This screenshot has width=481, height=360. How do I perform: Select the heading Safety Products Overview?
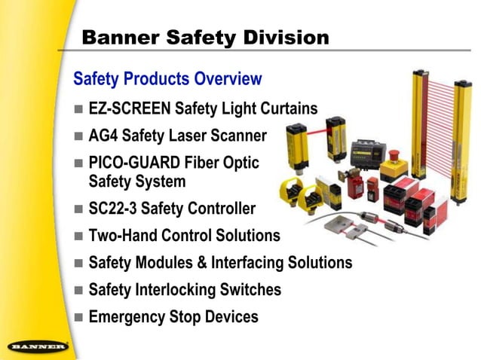coord(167,78)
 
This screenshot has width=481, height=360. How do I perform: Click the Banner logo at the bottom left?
coord(38,348)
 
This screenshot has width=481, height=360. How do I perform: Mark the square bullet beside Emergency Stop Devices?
coord(79,317)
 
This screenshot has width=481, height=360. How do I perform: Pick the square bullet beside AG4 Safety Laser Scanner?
coord(79,136)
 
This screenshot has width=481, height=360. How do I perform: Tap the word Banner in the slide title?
coord(118,36)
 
